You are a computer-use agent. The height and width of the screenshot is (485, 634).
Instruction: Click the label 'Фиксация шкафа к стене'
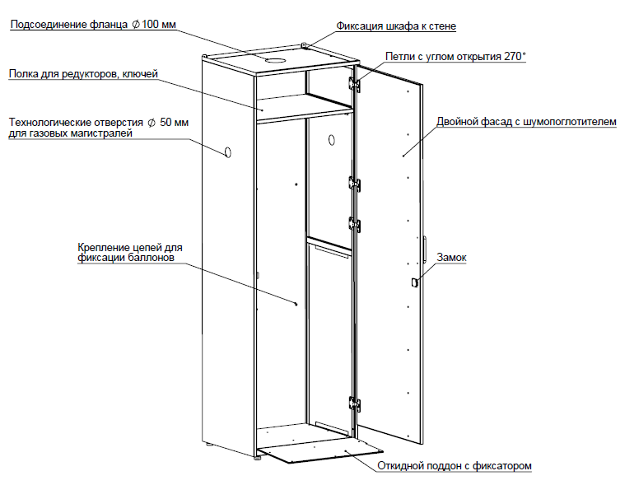tap(396, 26)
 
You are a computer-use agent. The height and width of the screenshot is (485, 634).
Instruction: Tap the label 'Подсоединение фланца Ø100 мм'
tap(93, 24)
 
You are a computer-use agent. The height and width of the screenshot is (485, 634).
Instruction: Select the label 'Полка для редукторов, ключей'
tap(83, 74)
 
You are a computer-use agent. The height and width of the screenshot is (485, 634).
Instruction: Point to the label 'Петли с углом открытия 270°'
tap(455, 56)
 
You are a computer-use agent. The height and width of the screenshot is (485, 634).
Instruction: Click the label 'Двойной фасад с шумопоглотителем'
tap(526, 122)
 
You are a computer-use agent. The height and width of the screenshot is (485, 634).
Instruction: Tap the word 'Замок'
tap(452, 257)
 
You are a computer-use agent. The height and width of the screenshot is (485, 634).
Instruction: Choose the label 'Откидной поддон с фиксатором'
tap(455, 466)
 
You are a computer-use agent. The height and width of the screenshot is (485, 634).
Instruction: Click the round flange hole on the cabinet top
tap(276, 61)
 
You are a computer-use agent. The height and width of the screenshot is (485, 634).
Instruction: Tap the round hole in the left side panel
tap(227, 152)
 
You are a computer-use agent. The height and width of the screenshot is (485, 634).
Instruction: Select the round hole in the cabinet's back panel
tap(332, 140)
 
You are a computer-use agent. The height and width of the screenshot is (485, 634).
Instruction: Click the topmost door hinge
tap(354, 84)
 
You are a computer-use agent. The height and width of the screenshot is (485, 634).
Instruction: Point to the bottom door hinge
tap(354, 404)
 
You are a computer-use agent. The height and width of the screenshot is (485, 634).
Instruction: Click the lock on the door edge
tap(413, 282)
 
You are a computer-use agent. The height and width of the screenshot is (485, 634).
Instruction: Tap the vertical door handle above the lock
tap(424, 249)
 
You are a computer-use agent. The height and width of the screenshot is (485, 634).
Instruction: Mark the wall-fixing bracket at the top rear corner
tap(305, 46)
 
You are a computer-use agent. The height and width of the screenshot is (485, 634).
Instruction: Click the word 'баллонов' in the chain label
tap(152, 258)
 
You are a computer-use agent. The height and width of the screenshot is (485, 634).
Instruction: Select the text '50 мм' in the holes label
tap(175, 122)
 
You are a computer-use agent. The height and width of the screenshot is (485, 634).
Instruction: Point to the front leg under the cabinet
tap(258, 459)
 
